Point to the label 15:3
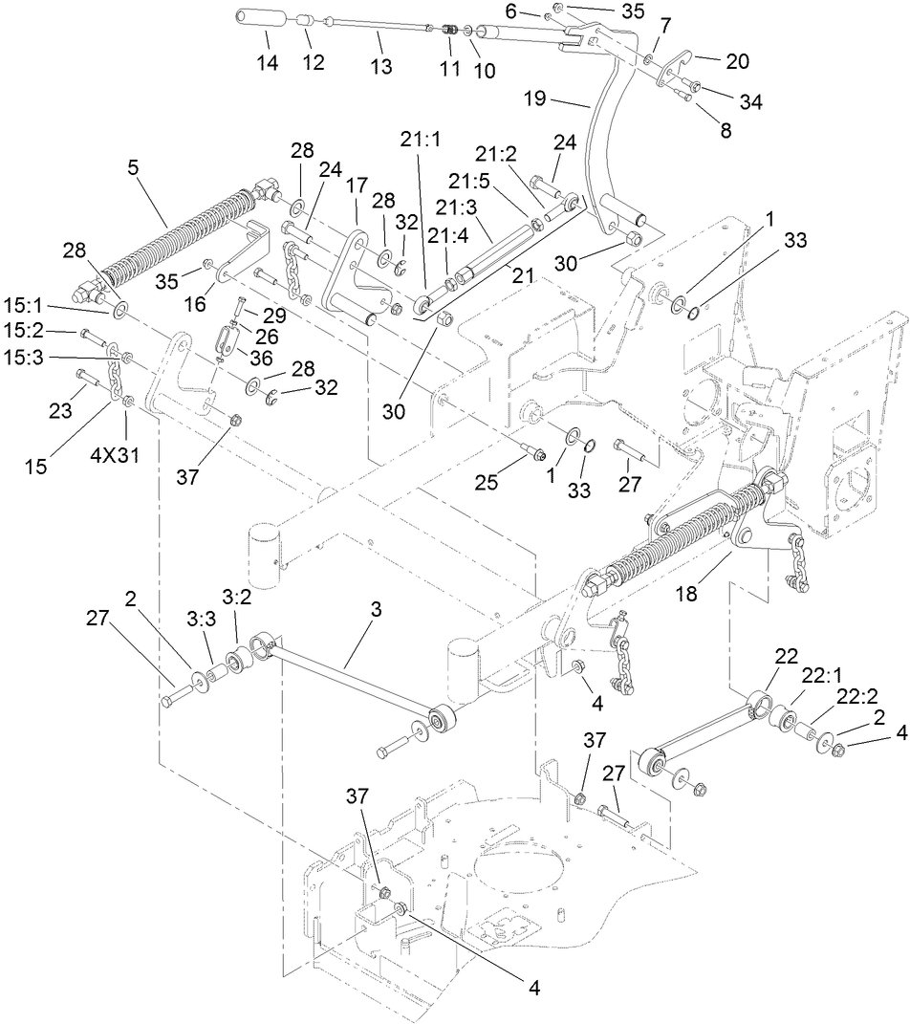(35, 357)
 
